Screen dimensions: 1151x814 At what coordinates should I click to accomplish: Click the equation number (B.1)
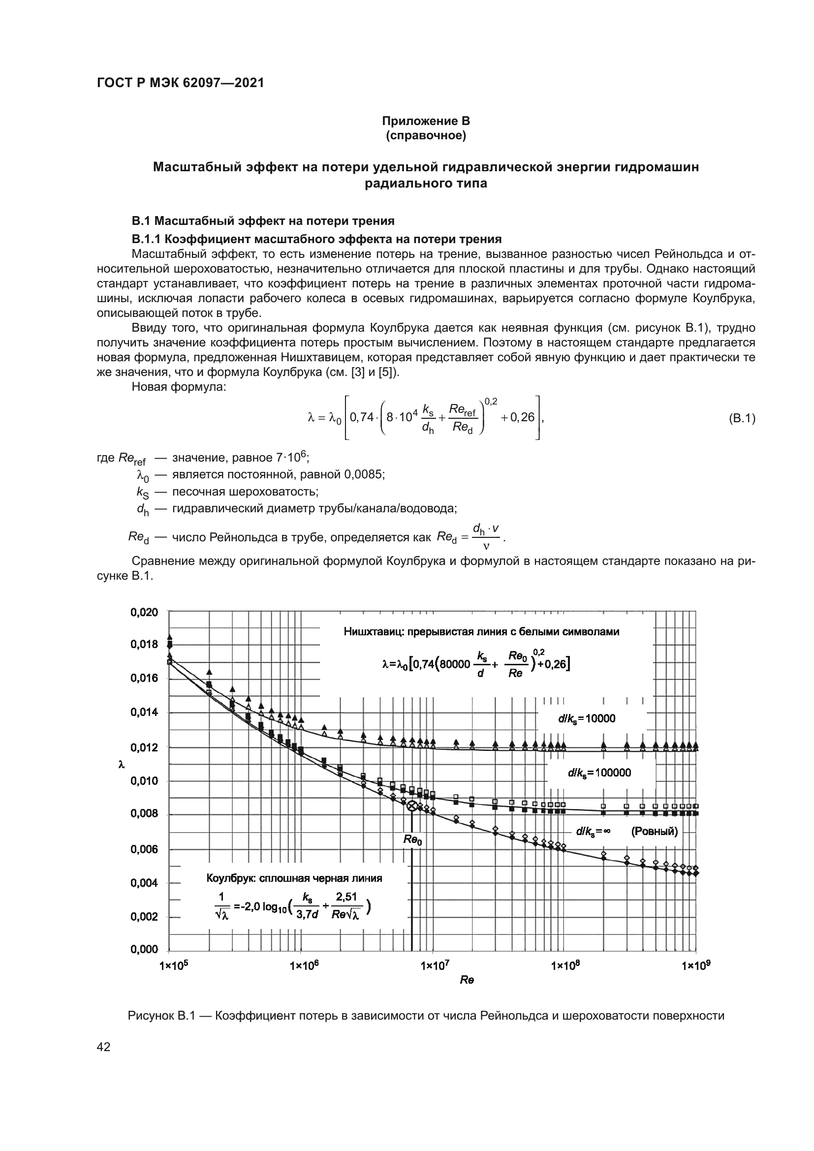click(x=741, y=418)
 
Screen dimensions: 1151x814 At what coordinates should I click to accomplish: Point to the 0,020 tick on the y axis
click(x=144, y=612)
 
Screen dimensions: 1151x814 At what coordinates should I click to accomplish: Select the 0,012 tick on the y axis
click(x=144, y=747)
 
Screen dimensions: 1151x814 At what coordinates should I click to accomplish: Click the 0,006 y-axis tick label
click(x=144, y=849)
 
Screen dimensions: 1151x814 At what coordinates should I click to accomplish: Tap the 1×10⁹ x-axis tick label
click(x=696, y=965)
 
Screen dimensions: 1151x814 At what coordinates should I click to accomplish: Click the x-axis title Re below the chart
click(x=467, y=980)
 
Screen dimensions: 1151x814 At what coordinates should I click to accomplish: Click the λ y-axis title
click(x=121, y=765)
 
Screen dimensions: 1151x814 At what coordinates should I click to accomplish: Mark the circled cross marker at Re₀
click(x=411, y=806)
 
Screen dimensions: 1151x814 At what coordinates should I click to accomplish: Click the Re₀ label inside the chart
click(x=412, y=840)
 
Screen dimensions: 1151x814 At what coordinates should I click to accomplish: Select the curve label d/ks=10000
click(x=587, y=719)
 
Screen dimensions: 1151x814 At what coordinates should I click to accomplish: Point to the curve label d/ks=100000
click(x=599, y=773)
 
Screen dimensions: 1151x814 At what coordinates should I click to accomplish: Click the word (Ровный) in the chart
click(x=654, y=832)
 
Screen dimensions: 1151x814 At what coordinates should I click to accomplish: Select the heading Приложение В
click(x=426, y=121)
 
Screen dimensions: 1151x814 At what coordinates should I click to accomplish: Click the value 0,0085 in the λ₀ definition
click(x=364, y=474)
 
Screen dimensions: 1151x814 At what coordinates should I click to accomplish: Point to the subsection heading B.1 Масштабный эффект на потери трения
click(x=263, y=220)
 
